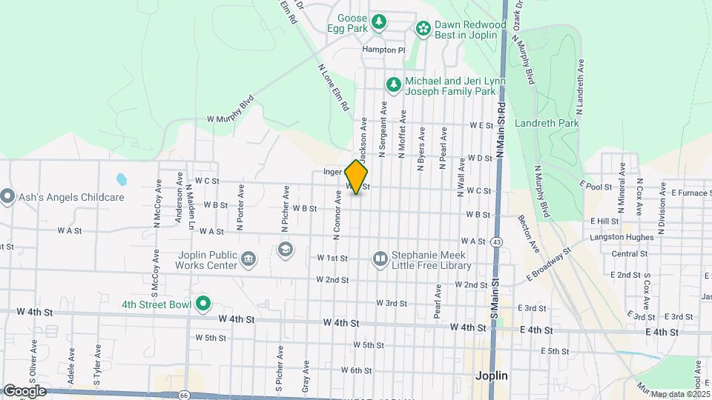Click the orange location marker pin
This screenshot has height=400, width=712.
pyautogui.click(x=357, y=177)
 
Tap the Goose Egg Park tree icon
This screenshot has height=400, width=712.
pyautogui.click(x=379, y=22)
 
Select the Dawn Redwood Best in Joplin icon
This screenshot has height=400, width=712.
pyautogui.click(x=423, y=28)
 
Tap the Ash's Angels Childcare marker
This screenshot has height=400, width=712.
pyautogui.click(x=8, y=197)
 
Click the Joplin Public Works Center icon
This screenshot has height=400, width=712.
pyautogui.click(x=248, y=259)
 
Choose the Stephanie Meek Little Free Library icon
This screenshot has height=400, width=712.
pyautogui.click(x=380, y=259)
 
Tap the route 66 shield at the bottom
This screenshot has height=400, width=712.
pyautogui.click(x=183, y=396)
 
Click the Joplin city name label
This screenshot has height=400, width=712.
pyautogui.click(x=491, y=376)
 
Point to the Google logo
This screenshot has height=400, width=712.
pyautogui.click(x=24, y=390)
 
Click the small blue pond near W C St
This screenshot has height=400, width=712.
pyautogui.click(x=121, y=179)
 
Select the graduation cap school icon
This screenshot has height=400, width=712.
pyautogui.click(x=285, y=249)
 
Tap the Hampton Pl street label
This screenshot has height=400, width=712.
pyautogui.click(x=383, y=50)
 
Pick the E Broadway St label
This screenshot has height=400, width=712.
pyautogui.click(x=550, y=264)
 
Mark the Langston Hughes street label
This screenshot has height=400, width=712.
pyautogui.click(x=622, y=237)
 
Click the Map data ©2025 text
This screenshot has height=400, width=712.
pyautogui.click(x=679, y=393)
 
